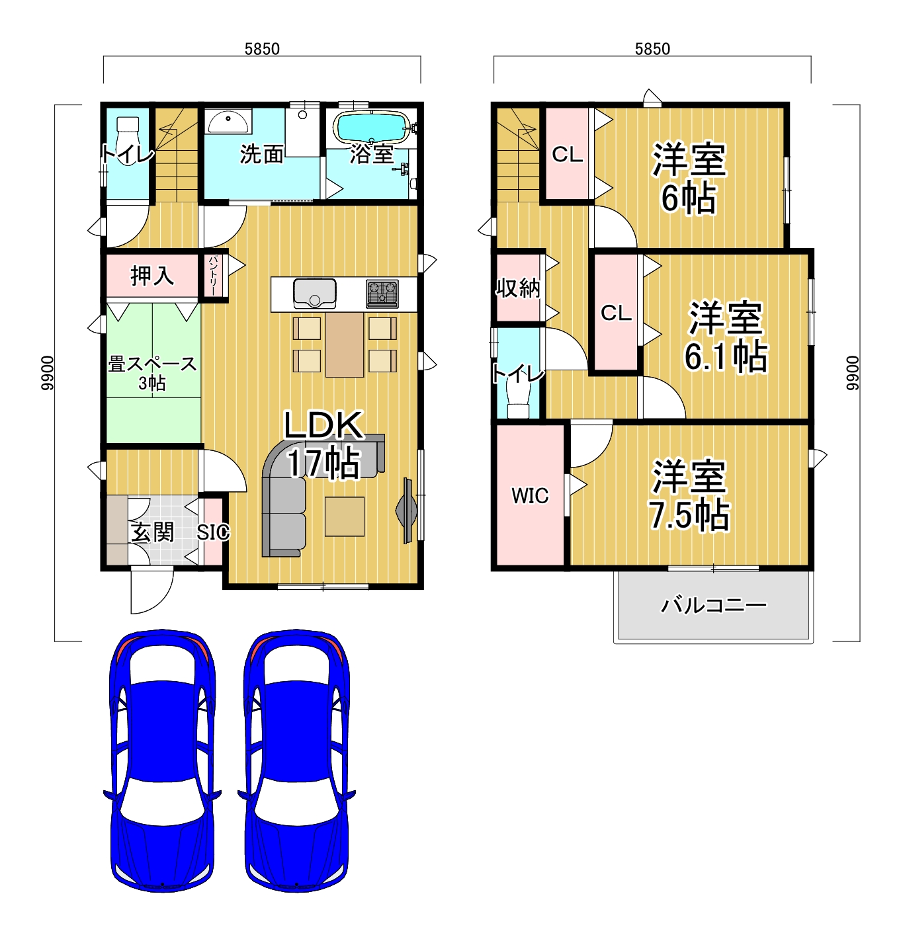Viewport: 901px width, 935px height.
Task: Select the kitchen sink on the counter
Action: pyautogui.click(x=314, y=293)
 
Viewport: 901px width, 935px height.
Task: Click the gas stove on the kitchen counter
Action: pyautogui.click(x=382, y=294)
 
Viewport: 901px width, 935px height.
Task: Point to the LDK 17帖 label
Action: pyautogui.click(x=323, y=444)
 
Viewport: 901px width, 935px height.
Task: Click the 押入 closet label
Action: pyautogui.click(x=152, y=276)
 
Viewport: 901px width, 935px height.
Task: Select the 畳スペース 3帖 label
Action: pyautogui.click(x=152, y=373)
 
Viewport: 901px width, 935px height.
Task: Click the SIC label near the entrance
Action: pyautogui.click(x=213, y=532)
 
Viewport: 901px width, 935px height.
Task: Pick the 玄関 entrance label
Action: pyautogui.click(x=152, y=532)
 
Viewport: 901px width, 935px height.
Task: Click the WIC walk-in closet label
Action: pyautogui.click(x=530, y=495)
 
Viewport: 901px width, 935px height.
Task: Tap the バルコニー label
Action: pyautogui.click(x=714, y=606)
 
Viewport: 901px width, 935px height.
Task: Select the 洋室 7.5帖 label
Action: pyautogui.click(x=689, y=495)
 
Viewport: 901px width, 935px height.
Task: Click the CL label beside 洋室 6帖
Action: pyautogui.click(x=568, y=154)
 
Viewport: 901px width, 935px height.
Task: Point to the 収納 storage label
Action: pyautogui.click(x=518, y=288)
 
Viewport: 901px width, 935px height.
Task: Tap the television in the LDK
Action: pyautogui.click(x=407, y=510)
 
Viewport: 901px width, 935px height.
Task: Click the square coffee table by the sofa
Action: pyautogui.click(x=344, y=516)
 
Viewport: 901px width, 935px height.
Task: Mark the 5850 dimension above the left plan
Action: pyautogui.click(x=262, y=48)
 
